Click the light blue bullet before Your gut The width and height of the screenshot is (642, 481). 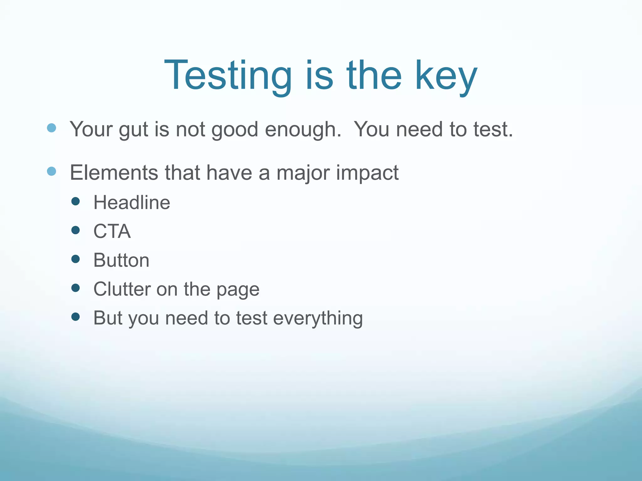[51, 128]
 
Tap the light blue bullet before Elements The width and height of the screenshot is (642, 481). [51, 171]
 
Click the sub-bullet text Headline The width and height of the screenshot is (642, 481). [132, 202]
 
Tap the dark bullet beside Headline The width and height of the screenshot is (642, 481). [76, 201]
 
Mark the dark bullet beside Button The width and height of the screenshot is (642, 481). [76, 259]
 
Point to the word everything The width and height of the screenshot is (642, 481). [318, 318]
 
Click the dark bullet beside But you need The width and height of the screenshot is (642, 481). [76, 317]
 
